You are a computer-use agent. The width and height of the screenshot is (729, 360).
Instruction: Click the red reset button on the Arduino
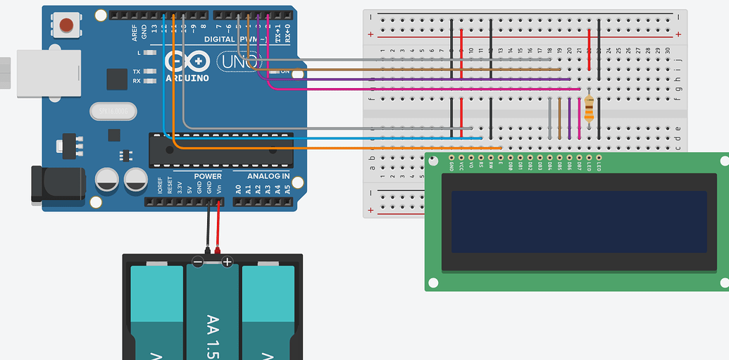66,26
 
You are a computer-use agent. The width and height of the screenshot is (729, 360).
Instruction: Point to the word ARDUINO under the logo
187,77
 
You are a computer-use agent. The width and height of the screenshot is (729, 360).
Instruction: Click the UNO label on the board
235,62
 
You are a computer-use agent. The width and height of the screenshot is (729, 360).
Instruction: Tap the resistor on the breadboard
589,109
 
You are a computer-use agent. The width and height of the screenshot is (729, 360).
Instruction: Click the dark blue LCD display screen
578,221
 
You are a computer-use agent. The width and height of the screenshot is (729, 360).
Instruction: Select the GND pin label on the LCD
451,166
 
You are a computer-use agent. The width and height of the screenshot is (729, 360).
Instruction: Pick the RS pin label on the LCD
481,166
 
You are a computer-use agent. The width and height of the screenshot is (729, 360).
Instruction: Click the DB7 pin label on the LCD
579,166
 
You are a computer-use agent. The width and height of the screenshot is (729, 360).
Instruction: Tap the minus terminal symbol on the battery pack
198,262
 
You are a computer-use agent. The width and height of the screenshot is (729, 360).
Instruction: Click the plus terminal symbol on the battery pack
227,262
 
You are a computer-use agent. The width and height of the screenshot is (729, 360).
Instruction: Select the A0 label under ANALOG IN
238,189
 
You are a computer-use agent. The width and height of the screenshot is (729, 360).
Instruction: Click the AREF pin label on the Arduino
135,32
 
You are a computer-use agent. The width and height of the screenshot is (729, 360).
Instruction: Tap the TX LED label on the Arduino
136,72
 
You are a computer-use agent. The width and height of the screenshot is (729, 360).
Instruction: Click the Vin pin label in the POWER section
219,188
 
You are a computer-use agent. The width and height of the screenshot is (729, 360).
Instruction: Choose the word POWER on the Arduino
207,176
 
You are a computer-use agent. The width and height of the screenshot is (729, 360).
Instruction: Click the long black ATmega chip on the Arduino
220,149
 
